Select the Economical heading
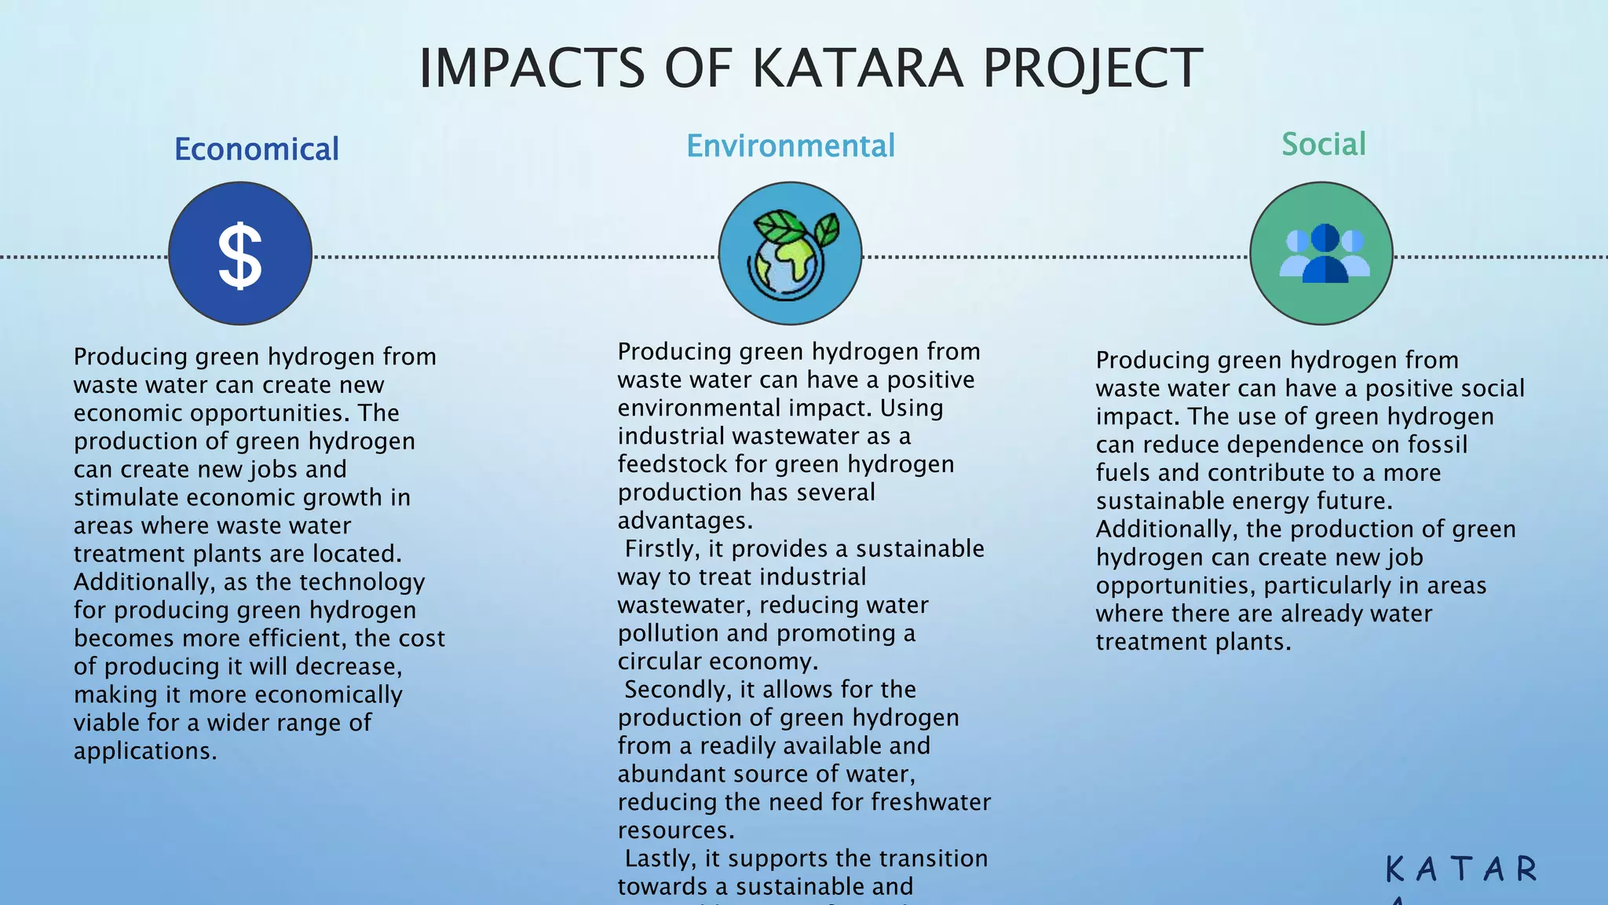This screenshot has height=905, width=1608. click(x=256, y=149)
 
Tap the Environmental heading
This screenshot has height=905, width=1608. click(x=790, y=146)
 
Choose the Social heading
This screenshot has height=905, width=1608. click(x=1323, y=145)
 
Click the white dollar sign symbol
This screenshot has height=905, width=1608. click(x=239, y=255)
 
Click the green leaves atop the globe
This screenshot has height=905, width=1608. click(x=785, y=227)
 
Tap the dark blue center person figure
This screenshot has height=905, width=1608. click(x=1324, y=255)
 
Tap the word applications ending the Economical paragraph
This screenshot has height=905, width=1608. click(x=144, y=751)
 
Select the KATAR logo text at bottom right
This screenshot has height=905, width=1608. click(x=1460, y=870)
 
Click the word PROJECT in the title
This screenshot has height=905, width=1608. click(x=1092, y=68)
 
